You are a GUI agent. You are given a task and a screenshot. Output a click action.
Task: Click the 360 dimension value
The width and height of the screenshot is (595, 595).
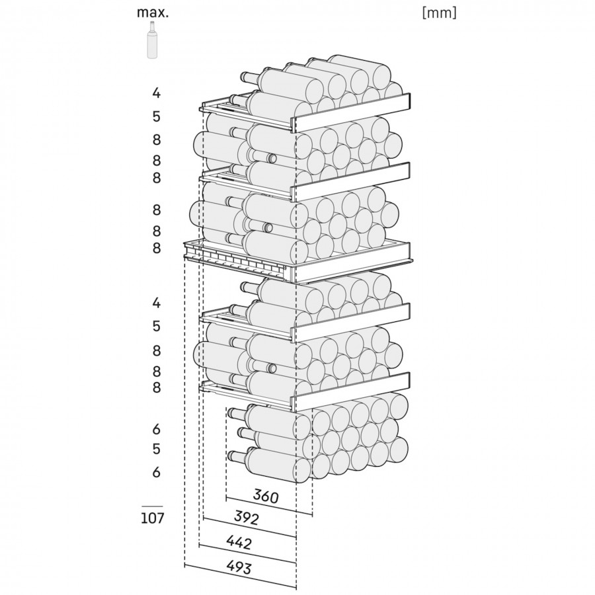point(266,496)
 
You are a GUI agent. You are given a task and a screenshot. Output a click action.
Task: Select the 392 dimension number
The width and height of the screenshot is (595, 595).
point(247,518)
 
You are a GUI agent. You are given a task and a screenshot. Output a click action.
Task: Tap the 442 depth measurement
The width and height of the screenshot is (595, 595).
point(239,542)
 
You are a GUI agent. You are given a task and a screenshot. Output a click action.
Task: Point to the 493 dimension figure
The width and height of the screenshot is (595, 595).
point(239,567)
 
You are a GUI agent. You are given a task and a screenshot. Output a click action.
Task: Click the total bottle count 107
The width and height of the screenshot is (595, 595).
point(152,518)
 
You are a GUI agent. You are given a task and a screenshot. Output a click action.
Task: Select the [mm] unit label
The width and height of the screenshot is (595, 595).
point(439,13)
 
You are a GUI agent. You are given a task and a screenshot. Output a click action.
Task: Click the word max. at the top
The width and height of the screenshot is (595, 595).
point(153,13)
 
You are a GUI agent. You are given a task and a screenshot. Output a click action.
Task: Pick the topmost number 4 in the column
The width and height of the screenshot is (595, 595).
point(156,93)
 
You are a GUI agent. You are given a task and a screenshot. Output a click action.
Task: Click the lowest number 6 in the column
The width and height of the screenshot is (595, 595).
point(156,472)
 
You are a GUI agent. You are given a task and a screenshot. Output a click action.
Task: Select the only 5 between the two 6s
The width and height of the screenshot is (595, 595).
point(156,449)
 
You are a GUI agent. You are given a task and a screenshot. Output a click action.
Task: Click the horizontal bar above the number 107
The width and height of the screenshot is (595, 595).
point(152,506)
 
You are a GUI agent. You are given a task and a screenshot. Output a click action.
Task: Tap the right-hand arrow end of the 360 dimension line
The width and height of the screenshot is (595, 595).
point(312,515)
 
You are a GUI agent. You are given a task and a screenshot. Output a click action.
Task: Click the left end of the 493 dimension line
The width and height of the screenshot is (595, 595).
point(184,566)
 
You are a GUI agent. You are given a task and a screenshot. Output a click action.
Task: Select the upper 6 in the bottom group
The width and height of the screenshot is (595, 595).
point(156,429)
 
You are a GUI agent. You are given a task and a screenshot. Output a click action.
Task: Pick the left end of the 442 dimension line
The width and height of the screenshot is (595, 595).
point(199,545)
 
